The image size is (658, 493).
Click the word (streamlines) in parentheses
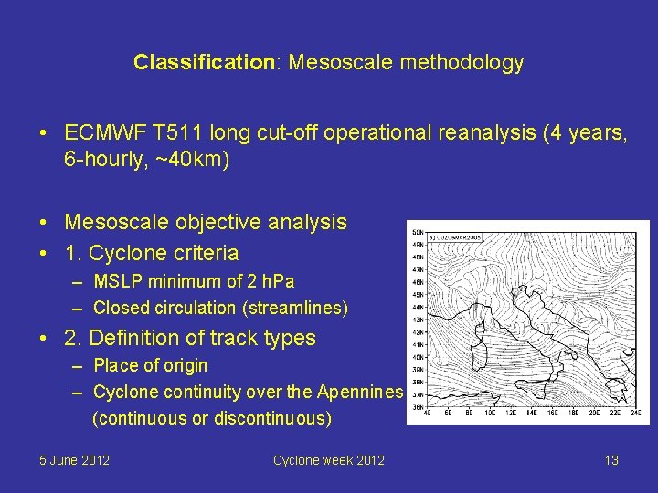coord(295,308)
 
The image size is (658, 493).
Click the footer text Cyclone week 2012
coord(328,459)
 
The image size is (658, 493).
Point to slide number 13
coord(611,459)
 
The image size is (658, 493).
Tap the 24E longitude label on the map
coord(636,413)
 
